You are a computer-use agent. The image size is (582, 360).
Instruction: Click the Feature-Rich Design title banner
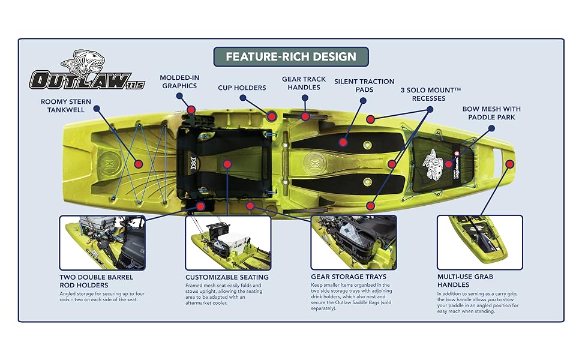pyautogui.click(x=291, y=57)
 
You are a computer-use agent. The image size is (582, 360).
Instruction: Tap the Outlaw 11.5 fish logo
pyautogui.click(x=87, y=70)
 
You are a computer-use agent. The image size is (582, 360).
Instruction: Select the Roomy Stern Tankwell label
pyautogui.click(x=65, y=106)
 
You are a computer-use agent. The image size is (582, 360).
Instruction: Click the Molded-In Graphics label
pyautogui.click(x=179, y=82)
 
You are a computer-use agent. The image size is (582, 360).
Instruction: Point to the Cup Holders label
pyautogui.click(x=242, y=88)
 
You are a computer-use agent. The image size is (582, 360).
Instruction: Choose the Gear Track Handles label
pyautogui.click(x=304, y=83)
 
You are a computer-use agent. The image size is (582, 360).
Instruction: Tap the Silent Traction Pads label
pyautogui.click(x=364, y=85)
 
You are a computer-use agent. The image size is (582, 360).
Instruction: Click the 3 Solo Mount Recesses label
pyautogui.click(x=431, y=94)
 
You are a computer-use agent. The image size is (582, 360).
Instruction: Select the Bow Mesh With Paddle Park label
pyautogui.click(x=491, y=113)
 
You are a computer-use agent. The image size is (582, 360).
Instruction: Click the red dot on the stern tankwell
pyautogui.click(x=139, y=164)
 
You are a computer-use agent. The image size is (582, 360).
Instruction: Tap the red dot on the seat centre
pyautogui.click(x=227, y=164)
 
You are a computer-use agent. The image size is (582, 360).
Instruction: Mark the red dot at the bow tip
pyautogui.click(x=509, y=164)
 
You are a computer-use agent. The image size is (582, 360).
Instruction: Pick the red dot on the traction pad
pyautogui.click(x=343, y=142)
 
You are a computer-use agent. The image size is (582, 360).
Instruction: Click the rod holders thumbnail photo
pyautogui.click(x=103, y=243)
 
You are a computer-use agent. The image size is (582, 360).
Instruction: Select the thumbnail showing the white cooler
pyautogui.click(x=228, y=243)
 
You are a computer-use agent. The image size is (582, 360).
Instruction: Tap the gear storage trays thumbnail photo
pyautogui.click(x=354, y=242)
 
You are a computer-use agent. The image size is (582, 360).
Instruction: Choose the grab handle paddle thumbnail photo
pyautogui.click(x=480, y=242)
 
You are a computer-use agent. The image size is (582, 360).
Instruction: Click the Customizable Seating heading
pyautogui.click(x=227, y=277)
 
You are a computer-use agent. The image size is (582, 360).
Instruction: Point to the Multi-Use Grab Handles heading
pyautogui.click(x=465, y=281)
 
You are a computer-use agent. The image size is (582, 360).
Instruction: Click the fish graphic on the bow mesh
pyautogui.click(x=433, y=164)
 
